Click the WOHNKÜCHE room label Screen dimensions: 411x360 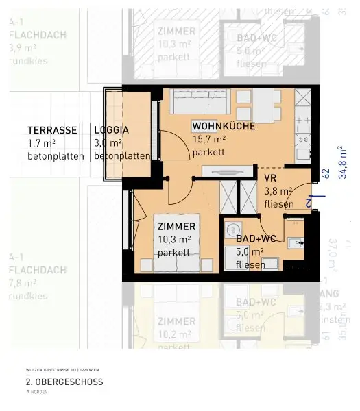(224, 126)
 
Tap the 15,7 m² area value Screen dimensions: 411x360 (209, 139)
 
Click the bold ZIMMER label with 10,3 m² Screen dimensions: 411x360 (176, 226)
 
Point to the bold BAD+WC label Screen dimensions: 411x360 (256, 238)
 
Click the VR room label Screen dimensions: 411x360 (269, 177)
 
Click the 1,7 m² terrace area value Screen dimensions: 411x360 (40, 142)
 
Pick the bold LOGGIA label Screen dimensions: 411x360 (111, 129)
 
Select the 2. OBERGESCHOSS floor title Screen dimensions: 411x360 (64, 382)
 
